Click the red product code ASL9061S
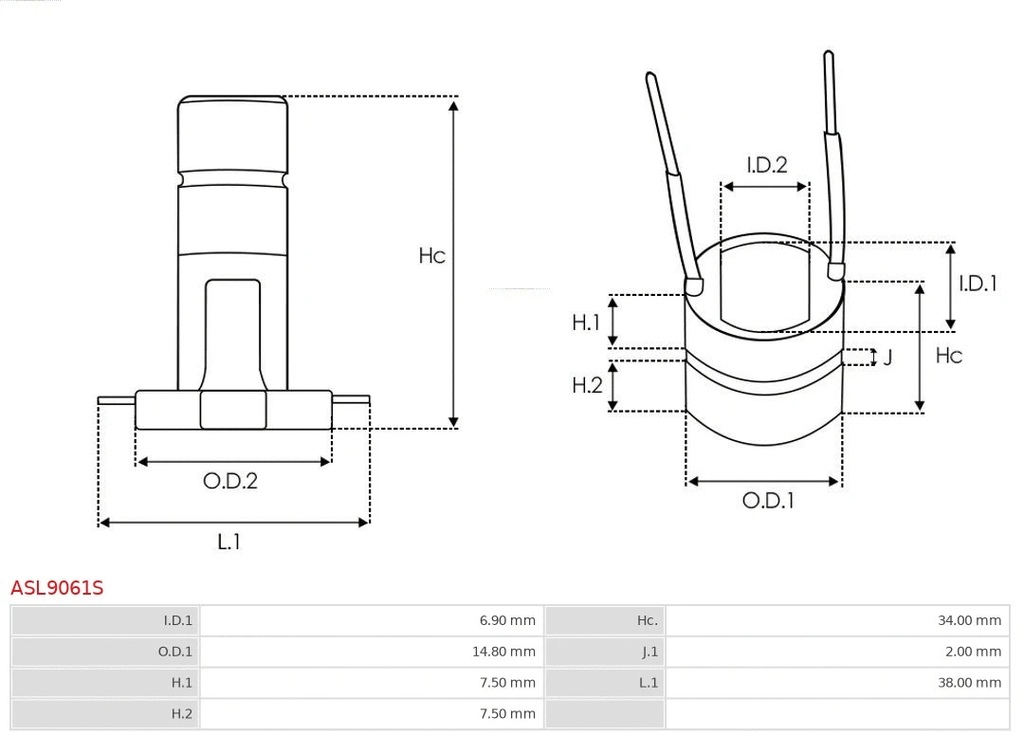(57, 588)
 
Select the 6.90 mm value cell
(507, 620)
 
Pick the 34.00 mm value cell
(969, 620)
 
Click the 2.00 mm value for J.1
(973, 652)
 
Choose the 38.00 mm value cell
(969, 682)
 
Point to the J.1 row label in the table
(649, 652)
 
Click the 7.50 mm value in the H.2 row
(507, 713)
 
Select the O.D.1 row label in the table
(174, 652)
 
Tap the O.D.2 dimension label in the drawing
(230, 481)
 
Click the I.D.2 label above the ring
(766, 165)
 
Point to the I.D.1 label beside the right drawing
(978, 283)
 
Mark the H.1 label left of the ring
(586, 322)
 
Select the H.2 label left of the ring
(587, 385)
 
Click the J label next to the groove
(887, 358)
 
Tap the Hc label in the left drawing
(432, 256)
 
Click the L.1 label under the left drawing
(229, 542)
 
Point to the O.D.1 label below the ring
(767, 501)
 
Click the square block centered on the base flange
(233, 410)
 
